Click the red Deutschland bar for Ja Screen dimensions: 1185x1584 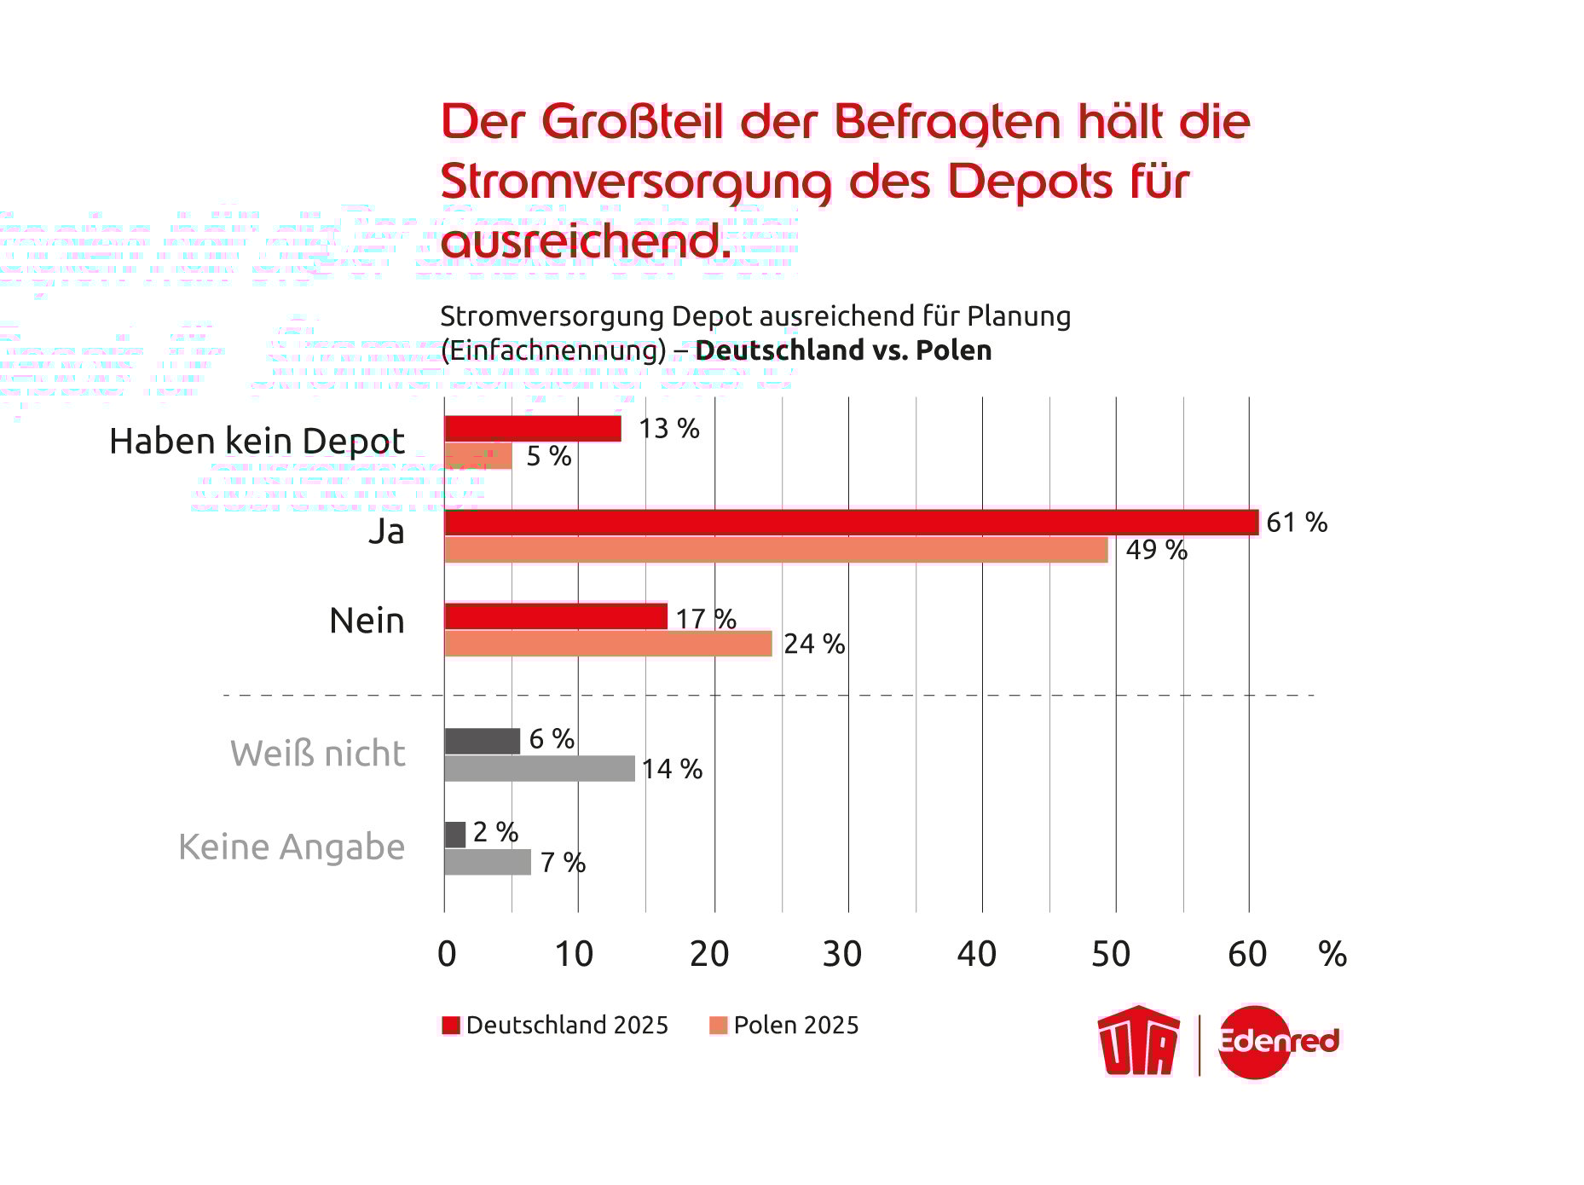(x=851, y=523)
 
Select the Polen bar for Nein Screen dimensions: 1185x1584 (x=608, y=644)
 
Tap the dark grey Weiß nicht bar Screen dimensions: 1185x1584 (x=482, y=741)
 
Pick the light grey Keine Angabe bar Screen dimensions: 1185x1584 (x=487, y=862)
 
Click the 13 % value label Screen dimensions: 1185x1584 (x=668, y=428)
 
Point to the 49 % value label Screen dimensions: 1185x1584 (x=1156, y=550)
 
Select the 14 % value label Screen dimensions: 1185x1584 (x=672, y=769)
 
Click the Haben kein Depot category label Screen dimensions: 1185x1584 (x=257, y=442)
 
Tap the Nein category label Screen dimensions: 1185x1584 (x=367, y=621)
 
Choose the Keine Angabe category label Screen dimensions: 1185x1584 (x=292, y=847)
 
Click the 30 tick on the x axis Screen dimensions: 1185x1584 (x=842, y=954)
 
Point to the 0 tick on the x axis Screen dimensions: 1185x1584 (x=447, y=954)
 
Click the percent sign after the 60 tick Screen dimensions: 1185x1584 (x=1333, y=954)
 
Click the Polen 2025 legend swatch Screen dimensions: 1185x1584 (x=718, y=1025)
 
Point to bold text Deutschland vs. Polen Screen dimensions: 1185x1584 (x=843, y=350)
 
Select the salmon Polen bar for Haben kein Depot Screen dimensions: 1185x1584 (x=478, y=456)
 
